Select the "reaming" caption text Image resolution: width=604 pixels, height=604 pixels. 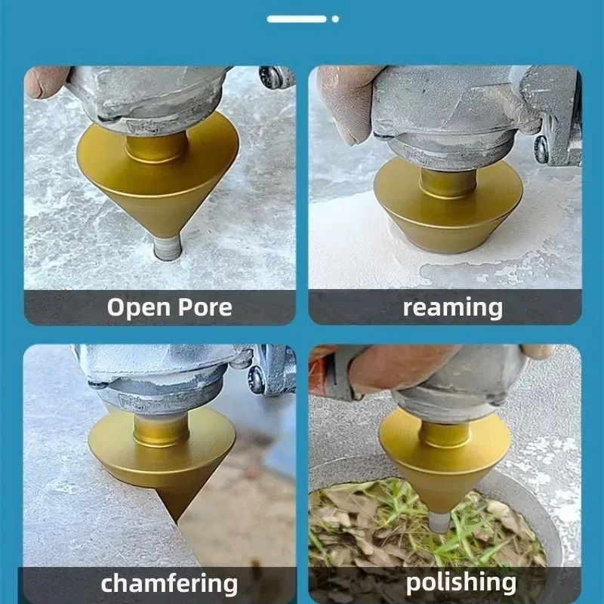(452, 307)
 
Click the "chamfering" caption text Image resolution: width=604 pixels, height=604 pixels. (169, 583)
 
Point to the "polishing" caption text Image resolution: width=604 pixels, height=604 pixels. (461, 581)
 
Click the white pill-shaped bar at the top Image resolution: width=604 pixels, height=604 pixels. (297, 18)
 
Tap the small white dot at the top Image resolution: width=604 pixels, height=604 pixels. (335, 18)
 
